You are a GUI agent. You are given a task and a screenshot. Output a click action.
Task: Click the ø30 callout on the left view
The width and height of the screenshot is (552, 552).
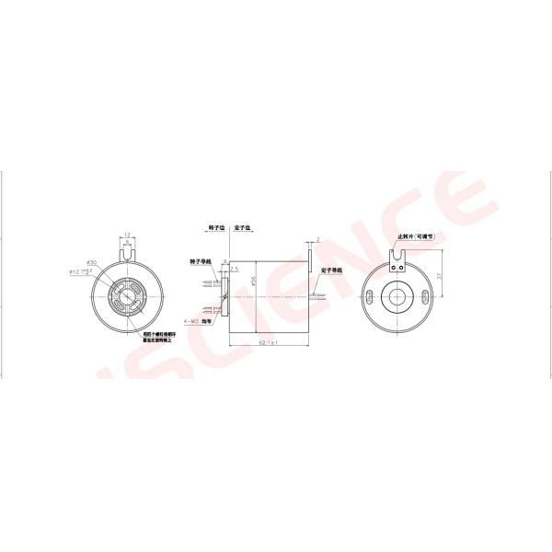[91, 262]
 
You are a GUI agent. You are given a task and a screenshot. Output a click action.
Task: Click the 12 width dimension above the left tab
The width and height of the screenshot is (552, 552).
[127, 234]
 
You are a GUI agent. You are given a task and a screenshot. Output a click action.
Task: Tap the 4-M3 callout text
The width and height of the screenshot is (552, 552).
[194, 322]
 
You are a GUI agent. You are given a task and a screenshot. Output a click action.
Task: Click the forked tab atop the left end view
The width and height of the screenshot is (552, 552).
[127, 251]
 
